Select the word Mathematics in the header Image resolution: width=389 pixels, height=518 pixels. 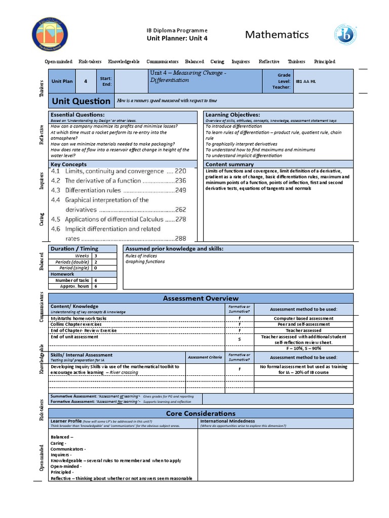click(x=277, y=34)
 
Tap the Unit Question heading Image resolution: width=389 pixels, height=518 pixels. click(x=81, y=101)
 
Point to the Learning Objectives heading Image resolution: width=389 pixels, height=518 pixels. click(x=232, y=115)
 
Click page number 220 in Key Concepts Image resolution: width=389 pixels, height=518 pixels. click(x=180, y=171)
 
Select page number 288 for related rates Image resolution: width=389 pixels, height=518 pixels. click(x=180, y=238)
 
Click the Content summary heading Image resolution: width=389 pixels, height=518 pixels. click(x=229, y=164)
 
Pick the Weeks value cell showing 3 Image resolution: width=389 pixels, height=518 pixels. click(x=96, y=256)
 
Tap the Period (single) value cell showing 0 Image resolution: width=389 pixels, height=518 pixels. click(x=96, y=268)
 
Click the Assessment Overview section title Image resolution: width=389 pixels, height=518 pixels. click(x=201, y=298)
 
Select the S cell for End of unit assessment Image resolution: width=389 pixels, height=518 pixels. click(x=239, y=339)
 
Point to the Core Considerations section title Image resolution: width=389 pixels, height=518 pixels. click(x=201, y=413)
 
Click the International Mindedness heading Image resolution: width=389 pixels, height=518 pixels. click(x=227, y=421)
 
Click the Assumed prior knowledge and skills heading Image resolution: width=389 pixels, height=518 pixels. click(x=174, y=249)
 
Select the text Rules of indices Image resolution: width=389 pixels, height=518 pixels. click(x=141, y=256)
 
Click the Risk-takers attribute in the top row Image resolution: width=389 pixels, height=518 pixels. click(x=90, y=62)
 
